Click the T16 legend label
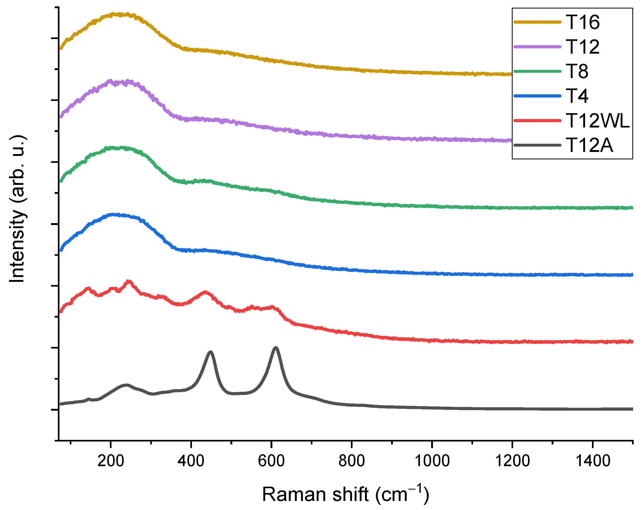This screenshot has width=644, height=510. (582, 22)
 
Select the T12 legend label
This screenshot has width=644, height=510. (582, 47)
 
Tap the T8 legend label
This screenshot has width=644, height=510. (577, 71)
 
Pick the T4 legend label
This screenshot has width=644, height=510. (577, 96)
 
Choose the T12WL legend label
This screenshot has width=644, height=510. (598, 121)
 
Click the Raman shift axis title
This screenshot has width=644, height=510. (345, 494)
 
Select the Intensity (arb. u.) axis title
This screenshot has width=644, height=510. (17, 209)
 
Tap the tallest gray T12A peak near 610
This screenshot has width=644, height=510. (276, 348)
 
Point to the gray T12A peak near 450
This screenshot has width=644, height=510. (211, 352)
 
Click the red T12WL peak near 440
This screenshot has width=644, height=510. (205, 292)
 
